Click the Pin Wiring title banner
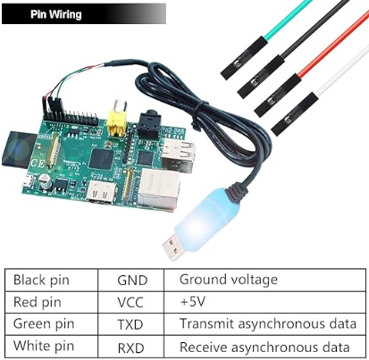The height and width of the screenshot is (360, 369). point(84,13)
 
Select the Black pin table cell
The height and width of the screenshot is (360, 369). point(51,280)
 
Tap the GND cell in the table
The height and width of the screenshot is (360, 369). point(131,280)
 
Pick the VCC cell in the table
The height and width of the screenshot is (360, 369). point(131,302)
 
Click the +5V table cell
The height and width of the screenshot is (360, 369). point(264,302)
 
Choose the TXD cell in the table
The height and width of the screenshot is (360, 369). point(131,324)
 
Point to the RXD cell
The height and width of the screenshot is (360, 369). point(131,347)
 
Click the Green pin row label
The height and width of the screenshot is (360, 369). point(44,324)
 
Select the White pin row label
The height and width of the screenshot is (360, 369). point(44,346)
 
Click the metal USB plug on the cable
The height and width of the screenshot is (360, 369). point(173,247)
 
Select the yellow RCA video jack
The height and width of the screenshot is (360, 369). point(117,120)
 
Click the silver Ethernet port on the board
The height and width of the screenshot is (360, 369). point(158,188)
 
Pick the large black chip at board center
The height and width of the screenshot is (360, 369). point(102,159)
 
